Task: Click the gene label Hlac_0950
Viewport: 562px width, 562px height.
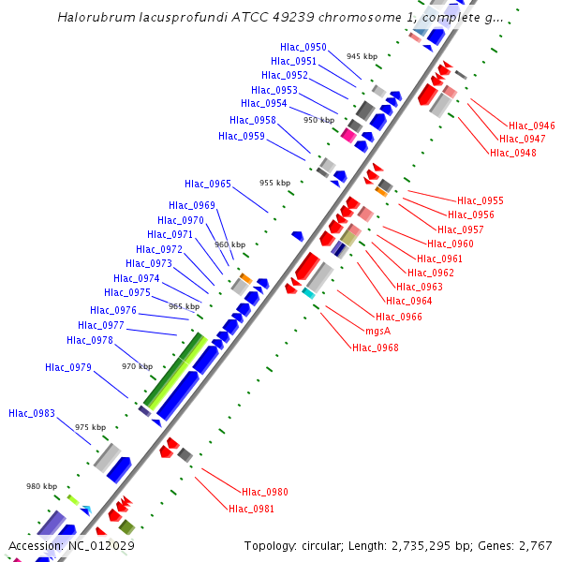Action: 303,47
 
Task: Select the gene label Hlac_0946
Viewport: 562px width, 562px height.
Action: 532,126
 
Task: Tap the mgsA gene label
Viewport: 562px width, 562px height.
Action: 377,331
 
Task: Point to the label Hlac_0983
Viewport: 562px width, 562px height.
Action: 32,413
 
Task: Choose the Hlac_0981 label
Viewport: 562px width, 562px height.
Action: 252,509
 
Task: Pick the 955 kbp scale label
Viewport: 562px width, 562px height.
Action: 275,184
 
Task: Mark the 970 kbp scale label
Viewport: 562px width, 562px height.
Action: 138,366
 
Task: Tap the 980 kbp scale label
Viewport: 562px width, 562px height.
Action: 41,486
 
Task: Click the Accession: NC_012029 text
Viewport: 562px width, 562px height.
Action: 71,546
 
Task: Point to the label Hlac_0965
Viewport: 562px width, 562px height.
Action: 208,185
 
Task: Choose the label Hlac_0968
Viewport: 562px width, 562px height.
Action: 376,348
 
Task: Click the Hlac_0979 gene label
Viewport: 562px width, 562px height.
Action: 68,367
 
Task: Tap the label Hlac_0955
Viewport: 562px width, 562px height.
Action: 481,200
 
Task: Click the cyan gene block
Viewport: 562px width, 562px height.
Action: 308,293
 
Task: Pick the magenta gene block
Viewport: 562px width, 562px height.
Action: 348,135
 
